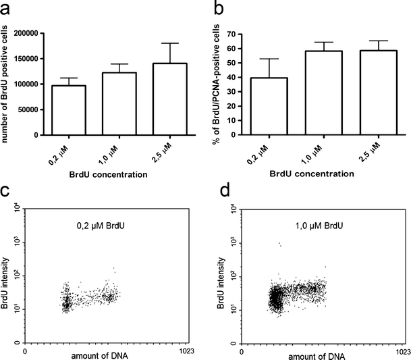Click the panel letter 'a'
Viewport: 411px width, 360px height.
[9, 10]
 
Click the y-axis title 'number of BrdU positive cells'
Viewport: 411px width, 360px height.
[8, 82]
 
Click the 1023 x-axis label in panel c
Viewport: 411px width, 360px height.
[187, 351]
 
